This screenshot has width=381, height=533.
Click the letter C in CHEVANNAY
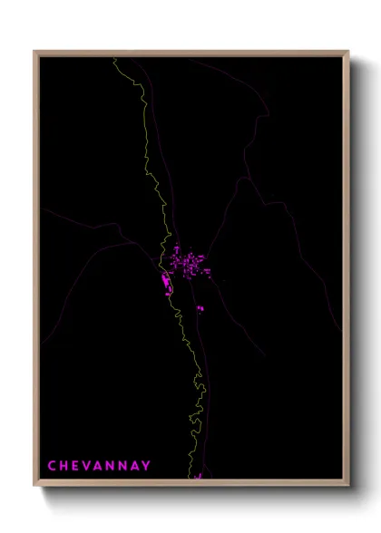pyautogui.click(x=53, y=466)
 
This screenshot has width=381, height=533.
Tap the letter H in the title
pyautogui.click(x=65, y=466)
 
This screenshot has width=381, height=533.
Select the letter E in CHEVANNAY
pyautogui.click(x=77, y=466)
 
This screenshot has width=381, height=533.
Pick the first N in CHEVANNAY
pyautogui.click(x=112, y=466)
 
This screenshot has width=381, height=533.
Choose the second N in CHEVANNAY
pyautogui.click(x=125, y=466)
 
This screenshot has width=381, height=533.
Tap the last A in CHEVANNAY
pyautogui.click(x=137, y=466)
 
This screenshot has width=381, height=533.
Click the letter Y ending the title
pyautogui.click(x=148, y=466)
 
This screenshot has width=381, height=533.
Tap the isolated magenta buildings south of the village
pyautogui.click(x=200, y=309)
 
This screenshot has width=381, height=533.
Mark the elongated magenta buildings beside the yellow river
pyautogui.click(x=165, y=286)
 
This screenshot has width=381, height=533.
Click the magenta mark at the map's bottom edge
pyautogui.click(x=198, y=475)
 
